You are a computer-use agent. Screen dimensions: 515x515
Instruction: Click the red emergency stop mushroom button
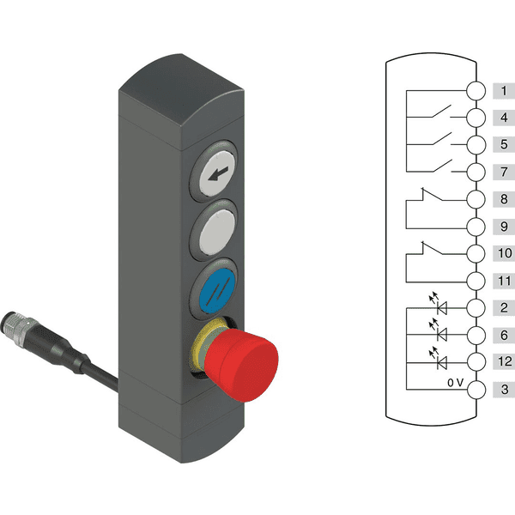pyautogui.click(x=241, y=366)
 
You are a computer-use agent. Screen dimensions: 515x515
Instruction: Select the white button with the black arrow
pyautogui.click(x=217, y=173)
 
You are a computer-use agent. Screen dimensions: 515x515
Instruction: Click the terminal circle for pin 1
pyautogui.click(x=476, y=90)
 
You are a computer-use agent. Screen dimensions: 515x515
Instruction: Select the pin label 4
pyautogui.click(x=504, y=118)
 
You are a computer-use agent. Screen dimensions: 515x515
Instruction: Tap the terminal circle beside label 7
pyautogui.click(x=476, y=172)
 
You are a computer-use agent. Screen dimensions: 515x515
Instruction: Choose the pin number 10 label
pyautogui.click(x=505, y=253)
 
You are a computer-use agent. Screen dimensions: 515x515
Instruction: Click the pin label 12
pyautogui.click(x=505, y=361)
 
